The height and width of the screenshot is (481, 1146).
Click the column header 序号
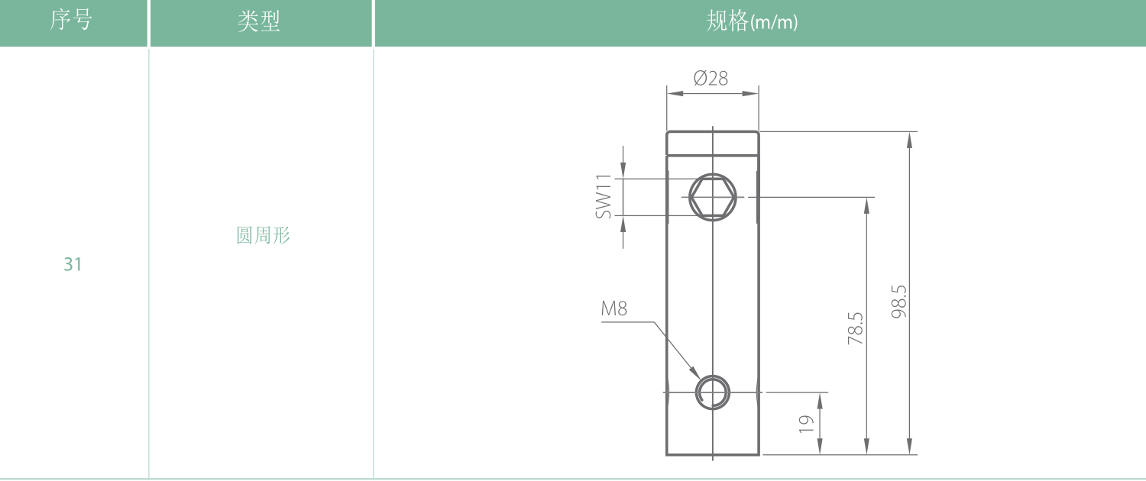[x=70, y=21]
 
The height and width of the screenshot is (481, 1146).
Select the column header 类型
[x=259, y=21]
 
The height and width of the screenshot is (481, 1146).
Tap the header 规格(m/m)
[x=752, y=21]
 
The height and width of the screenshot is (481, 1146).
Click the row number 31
[x=73, y=264]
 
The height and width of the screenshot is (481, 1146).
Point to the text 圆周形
[x=263, y=235]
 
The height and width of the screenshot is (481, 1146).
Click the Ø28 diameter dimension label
[x=711, y=78]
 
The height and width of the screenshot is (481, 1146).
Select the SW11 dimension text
[x=604, y=196]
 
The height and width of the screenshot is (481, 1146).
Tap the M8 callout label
[x=614, y=308]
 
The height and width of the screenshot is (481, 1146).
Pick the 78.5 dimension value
[x=856, y=328]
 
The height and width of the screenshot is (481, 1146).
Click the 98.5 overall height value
[x=898, y=302]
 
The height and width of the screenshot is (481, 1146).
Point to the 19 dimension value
[x=806, y=424]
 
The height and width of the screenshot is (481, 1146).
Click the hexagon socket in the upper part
[x=713, y=197]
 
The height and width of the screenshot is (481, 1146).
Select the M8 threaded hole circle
[x=713, y=392]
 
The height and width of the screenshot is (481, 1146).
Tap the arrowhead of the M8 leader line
[x=696, y=373]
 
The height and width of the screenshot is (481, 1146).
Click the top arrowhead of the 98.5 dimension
[x=909, y=140]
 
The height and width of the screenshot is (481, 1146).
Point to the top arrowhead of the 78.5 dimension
[x=866, y=206]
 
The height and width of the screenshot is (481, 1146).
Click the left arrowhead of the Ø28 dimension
[x=675, y=94]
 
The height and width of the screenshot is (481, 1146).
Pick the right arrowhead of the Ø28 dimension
[x=750, y=94]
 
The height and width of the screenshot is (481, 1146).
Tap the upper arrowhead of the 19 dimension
[x=820, y=402]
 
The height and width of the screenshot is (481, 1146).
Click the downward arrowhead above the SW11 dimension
[x=623, y=171]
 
